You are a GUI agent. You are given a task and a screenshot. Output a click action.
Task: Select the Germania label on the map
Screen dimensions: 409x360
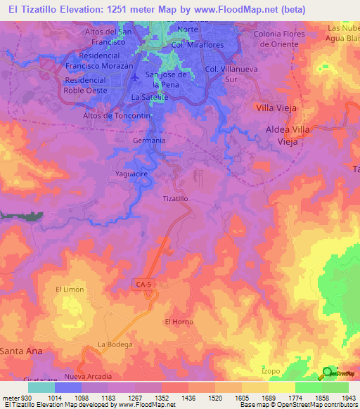[148, 141]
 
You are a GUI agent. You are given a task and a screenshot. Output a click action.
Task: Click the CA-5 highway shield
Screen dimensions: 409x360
[143, 283]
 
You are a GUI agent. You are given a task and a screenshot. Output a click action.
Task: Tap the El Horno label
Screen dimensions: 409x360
[179, 321]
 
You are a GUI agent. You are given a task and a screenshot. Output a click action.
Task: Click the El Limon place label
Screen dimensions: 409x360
[70, 290]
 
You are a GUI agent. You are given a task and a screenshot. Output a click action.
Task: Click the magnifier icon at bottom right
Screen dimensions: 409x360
[328, 373]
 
